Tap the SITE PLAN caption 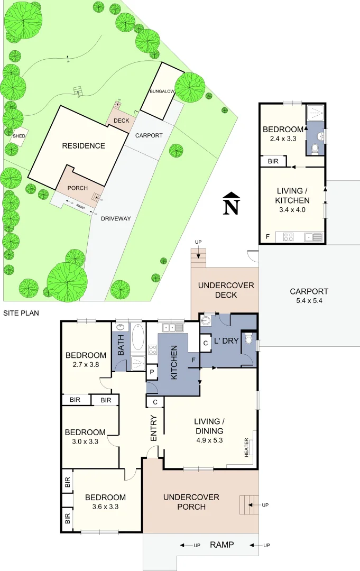[21, 313]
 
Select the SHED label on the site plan [19, 136]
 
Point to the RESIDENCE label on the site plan [84, 146]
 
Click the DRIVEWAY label [116, 218]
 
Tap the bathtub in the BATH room [137, 337]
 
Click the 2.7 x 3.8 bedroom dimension [86, 365]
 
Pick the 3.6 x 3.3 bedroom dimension [105, 506]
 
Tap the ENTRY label [153, 429]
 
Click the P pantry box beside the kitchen [152, 372]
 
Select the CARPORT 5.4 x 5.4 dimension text [309, 301]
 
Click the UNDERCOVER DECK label [226, 290]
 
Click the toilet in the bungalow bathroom [315, 150]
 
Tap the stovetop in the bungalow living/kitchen [289, 237]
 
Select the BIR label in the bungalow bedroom [273, 161]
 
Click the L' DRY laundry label [226, 341]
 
